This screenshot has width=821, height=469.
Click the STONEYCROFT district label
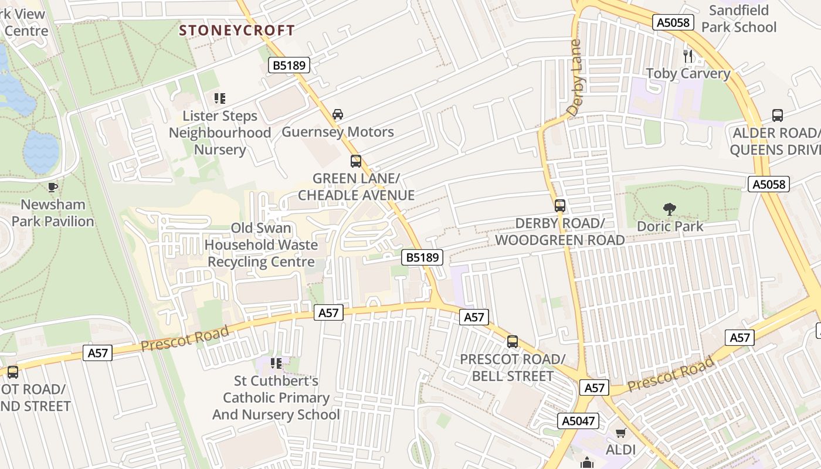[x=237, y=30]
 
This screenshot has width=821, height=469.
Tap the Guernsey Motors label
[x=338, y=132]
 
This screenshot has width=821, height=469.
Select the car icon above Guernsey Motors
[x=338, y=114]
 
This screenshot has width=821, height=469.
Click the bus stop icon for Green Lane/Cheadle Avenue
[x=356, y=161]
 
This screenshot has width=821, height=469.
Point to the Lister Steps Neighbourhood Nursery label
[x=220, y=132]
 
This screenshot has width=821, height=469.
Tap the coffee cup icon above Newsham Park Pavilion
[x=53, y=187]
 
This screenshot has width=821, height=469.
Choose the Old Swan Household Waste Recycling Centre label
[x=262, y=245]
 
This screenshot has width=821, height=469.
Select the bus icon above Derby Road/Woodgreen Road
[x=560, y=206]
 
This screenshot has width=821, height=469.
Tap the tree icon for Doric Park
[x=669, y=209]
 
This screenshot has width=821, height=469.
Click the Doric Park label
[x=670, y=226]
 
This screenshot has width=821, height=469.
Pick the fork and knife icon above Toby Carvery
[x=688, y=56]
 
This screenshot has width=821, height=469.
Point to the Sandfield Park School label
[x=738, y=19]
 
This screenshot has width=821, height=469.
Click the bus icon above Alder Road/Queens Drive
[x=778, y=115]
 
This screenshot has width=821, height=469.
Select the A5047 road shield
[x=578, y=421]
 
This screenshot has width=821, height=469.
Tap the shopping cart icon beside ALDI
[x=621, y=433]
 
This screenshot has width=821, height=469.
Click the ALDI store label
[x=621, y=450]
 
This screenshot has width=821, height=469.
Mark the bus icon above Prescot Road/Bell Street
[x=513, y=342]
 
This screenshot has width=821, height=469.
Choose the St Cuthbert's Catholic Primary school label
[x=276, y=398]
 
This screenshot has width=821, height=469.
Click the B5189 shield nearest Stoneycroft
[x=290, y=65]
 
